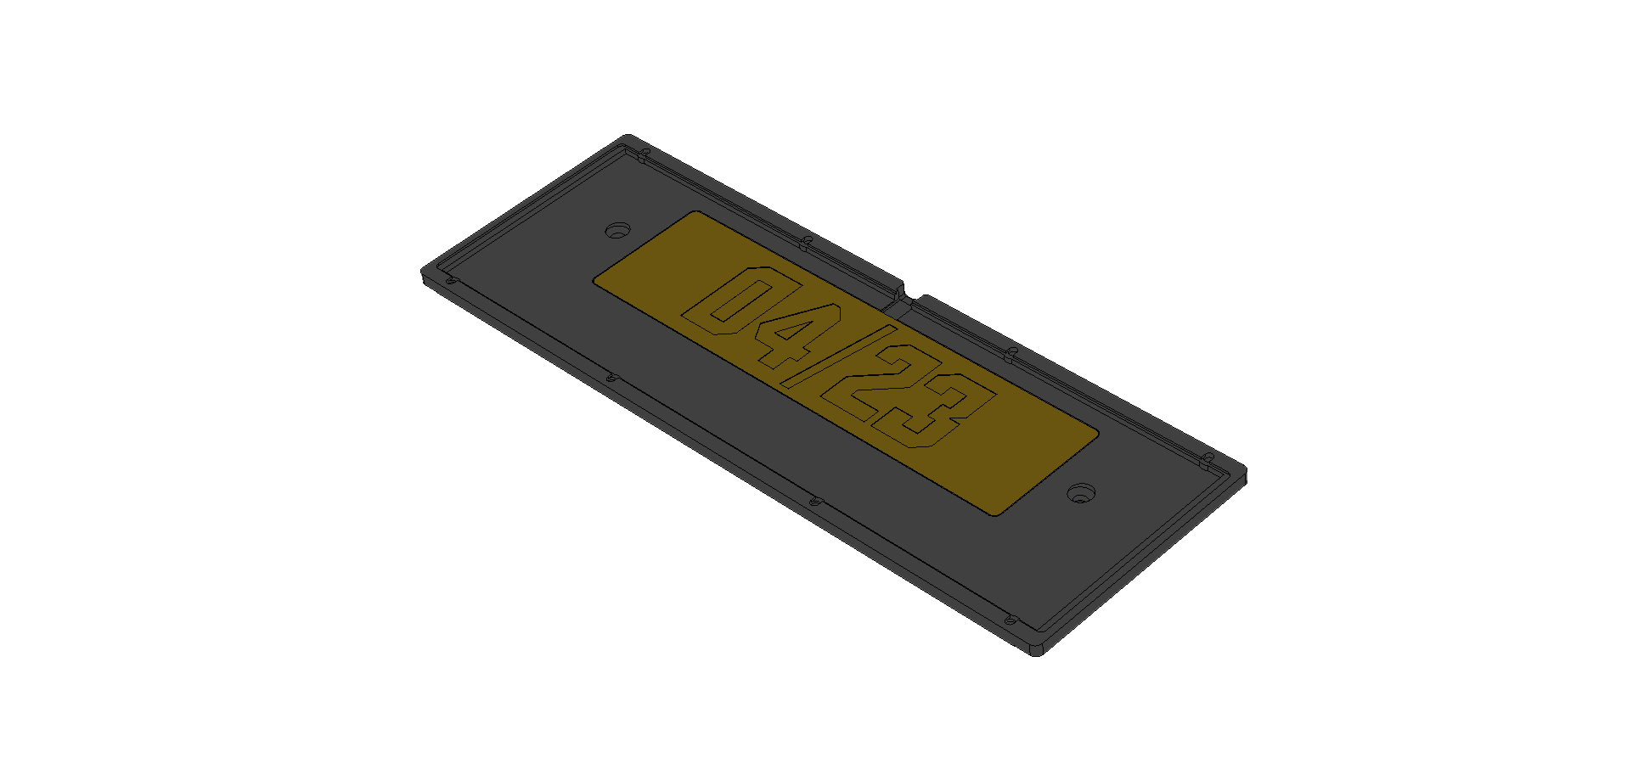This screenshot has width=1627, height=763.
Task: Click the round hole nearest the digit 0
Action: tap(617, 230)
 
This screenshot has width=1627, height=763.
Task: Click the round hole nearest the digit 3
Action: tap(1081, 492)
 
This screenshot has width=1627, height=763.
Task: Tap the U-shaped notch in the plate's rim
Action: tap(910, 296)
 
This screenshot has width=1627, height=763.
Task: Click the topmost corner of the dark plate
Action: tap(628, 137)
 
